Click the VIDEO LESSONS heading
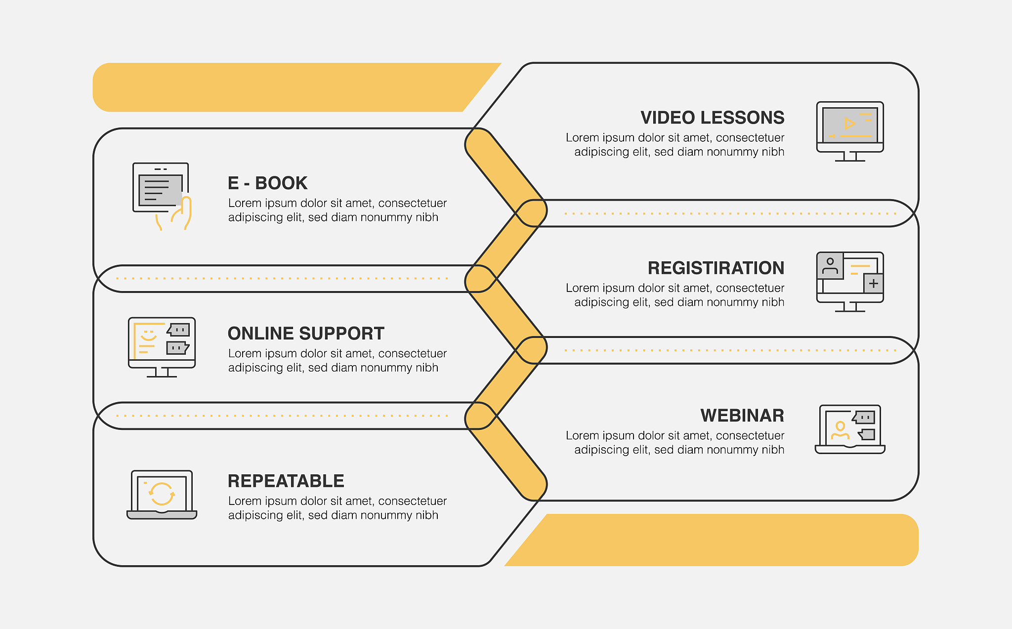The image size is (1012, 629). (712, 118)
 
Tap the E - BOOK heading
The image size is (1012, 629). (267, 183)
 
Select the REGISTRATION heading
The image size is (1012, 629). (716, 268)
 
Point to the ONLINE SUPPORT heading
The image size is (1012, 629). (306, 334)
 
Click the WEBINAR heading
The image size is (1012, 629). (742, 416)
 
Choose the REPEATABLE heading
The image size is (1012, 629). (286, 481)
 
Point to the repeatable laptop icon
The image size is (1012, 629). (162, 494)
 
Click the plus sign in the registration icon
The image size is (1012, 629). (873, 284)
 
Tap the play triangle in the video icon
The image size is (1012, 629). (849, 123)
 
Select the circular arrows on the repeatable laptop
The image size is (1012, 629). (162, 494)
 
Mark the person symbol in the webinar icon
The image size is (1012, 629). (840, 430)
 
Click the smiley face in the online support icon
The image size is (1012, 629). (148, 336)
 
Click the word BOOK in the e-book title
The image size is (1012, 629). (281, 183)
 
